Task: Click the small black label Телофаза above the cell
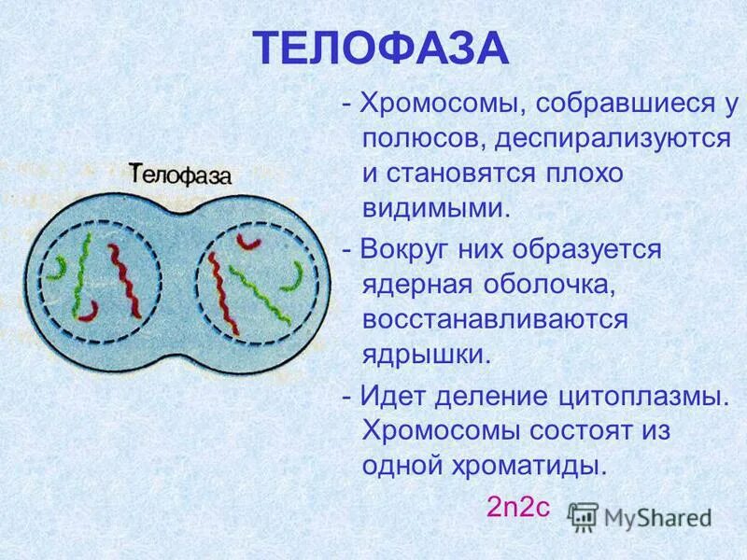click(x=179, y=175)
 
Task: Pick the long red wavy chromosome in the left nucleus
click(x=122, y=280)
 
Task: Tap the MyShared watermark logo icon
click(x=584, y=516)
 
